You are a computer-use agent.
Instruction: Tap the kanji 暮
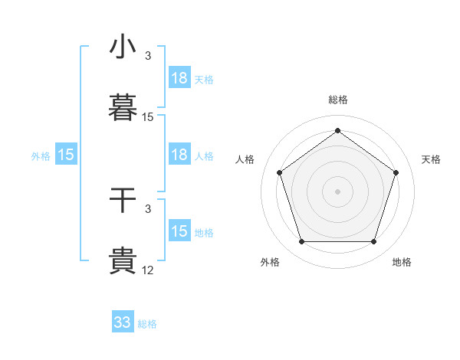pyautogui.click(x=123, y=107)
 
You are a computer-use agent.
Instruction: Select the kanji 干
pyautogui.click(x=123, y=200)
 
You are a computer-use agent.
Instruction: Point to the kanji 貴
pyautogui.click(x=123, y=261)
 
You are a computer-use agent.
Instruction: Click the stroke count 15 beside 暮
pyautogui.click(x=148, y=117)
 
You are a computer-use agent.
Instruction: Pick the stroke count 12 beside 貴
pyautogui.click(x=148, y=270)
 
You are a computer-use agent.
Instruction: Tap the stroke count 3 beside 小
pyautogui.click(x=148, y=56)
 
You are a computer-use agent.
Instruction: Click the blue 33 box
pyautogui.click(x=123, y=322)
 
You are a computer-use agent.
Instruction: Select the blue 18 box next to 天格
pyautogui.click(x=179, y=78)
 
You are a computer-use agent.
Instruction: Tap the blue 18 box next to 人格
pyautogui.click(x=179, y=155)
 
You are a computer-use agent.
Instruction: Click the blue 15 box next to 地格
pyautogui.click(x=179, y=231)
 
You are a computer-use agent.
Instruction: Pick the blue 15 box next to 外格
pyautogui.click(x=66, y=155)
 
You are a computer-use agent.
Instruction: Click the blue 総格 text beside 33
pyautogui.click(x=147, y=324)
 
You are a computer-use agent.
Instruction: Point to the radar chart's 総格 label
pyautogui.click(x=337, y=100)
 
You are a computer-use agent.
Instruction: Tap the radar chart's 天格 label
pyautogui.click(x=431, y=159)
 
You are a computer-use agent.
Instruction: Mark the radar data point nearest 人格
pyautogui.click(x=279, y=172)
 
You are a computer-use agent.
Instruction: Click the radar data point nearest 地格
pyautogui.click(x=373, y=242)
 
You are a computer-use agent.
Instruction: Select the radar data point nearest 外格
pyautogui.click(x=301, y=242)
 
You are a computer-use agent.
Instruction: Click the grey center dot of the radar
pyautogui.click(x=337, y=191)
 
